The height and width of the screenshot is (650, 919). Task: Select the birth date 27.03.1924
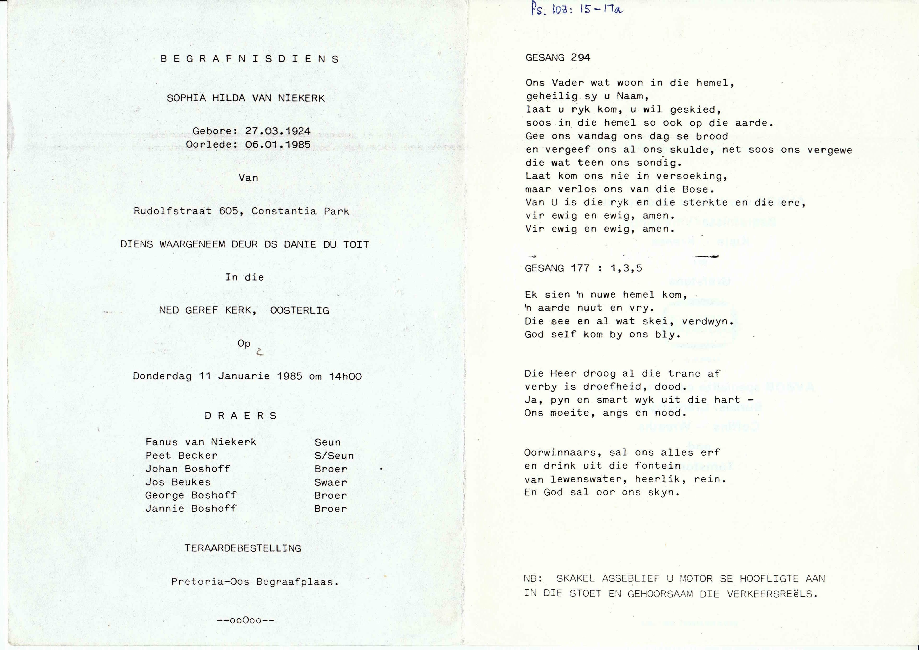pos(278,131)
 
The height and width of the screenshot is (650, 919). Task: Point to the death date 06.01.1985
pos(278,145)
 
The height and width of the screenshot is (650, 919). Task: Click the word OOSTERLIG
pos(300,310)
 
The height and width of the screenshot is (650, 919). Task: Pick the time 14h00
pos(345,376)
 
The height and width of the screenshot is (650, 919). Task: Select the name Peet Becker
pos(181,456)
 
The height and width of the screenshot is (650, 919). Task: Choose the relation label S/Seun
pos(334,456)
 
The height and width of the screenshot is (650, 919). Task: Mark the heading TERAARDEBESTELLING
pos(243,548)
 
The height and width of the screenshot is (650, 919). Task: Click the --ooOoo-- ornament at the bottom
pos(245,620)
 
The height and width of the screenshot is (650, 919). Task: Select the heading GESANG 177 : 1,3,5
pos(583,268)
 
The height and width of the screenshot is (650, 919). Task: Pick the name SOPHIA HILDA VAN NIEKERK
pos(246,98)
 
